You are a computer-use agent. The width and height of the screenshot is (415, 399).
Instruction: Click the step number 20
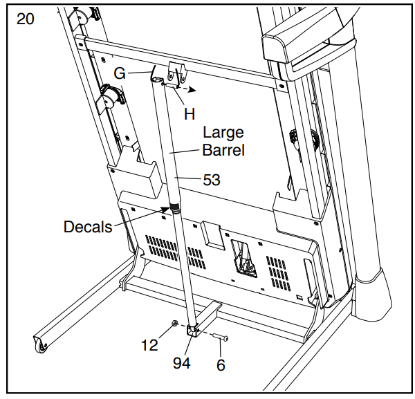26,19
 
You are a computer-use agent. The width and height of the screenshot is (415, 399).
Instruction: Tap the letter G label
120,73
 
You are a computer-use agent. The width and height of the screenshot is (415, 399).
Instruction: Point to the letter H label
190,114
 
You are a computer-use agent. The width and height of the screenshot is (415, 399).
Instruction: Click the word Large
223,133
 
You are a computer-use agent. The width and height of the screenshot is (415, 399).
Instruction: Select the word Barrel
223,150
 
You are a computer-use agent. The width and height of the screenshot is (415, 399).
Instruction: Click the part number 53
212,180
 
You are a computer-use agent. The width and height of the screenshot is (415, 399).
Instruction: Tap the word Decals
88,227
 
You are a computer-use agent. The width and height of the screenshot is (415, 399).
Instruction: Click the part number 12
149,345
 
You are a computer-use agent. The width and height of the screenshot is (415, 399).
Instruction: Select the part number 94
181,363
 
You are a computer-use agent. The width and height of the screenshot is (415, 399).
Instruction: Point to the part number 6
221,365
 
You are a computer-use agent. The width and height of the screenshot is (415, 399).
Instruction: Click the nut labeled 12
174,323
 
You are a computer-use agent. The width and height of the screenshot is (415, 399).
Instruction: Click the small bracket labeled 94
193,331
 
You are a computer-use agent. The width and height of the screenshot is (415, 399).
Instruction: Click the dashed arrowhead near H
192,90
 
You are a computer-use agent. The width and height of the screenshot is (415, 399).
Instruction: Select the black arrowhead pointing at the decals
165,210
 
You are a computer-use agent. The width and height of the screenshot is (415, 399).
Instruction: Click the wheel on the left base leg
41,347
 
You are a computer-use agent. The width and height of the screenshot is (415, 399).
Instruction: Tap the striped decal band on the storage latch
175,206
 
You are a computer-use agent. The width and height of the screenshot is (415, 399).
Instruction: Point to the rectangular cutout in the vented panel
243,259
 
